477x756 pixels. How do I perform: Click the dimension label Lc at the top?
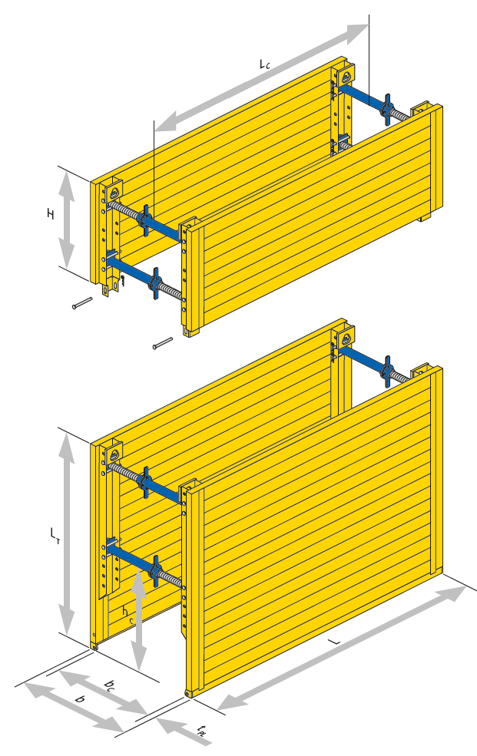(x=264, y=64)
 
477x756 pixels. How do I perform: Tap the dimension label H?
(x=50, y=214)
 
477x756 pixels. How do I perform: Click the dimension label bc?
(x=110, y=685)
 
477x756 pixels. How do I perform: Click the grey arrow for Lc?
(x=261, y=78)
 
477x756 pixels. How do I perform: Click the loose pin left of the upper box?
(x=82, y=303)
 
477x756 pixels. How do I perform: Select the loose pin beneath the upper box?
(x=163, y=343)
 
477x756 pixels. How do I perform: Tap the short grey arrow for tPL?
(x=184, y=731)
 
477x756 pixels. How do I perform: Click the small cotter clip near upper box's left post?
(x=124, y=281)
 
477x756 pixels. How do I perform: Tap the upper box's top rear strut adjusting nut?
(x=386, y=110)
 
